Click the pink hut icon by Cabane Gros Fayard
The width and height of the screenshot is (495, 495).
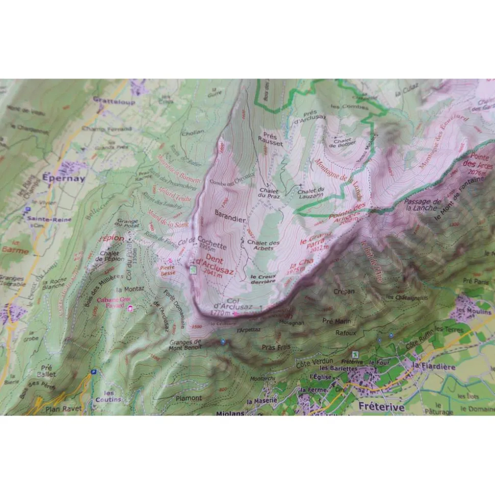point(131,308)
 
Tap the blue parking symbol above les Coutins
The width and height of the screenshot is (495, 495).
point(93,372)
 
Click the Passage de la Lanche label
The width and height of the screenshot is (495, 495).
point(423,205)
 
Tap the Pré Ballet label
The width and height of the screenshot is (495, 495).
point(47,370)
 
